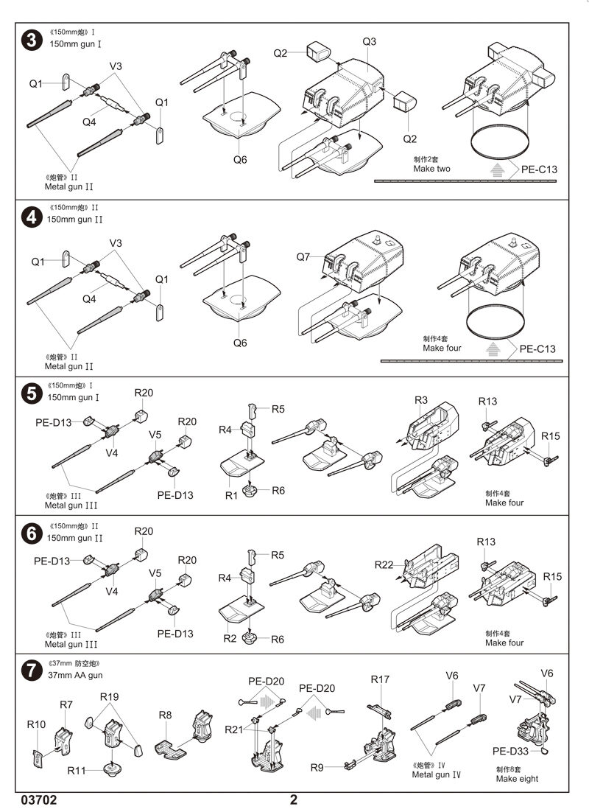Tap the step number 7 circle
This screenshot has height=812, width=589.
click(32, 671)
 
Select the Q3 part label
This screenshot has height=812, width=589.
click(370, 42)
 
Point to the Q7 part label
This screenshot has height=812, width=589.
click(304, 257)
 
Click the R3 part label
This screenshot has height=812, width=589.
click(421, 400)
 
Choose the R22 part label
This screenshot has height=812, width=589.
click(384, 565)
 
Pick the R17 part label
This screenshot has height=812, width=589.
click(380, 679)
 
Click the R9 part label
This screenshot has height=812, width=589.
click(317, 768)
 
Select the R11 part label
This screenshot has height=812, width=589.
click(77, 771)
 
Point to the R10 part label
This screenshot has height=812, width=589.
click(36, 725)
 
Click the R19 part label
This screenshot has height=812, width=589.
click(110, 697)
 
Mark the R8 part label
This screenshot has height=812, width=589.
click(166, 715)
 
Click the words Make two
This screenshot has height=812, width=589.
click(432, 169)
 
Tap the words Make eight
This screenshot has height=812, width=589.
click(517, 779)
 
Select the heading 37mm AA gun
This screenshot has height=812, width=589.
click(76, 675)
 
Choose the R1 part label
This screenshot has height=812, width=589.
click(232, 496)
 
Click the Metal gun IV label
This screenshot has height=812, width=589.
click(437, 774)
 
